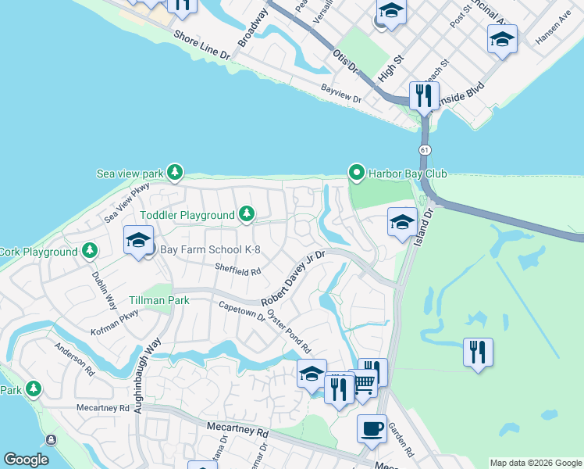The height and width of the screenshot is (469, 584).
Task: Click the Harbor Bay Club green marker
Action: tap(357, 173)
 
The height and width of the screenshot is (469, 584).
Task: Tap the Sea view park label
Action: tap(129, 173)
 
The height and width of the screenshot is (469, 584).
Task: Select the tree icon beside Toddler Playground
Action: tap(247, 214)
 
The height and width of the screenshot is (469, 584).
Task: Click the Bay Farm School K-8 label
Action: tap(210, 250)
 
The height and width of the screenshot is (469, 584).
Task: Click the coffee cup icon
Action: tap(372, 428)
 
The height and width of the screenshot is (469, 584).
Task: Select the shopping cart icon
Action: tap(364, 384)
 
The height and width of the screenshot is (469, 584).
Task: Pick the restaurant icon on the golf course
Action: tap(477, 351)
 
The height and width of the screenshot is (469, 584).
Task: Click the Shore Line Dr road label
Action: tap(202, 46)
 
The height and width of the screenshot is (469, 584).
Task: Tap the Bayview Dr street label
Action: tap(341, 98)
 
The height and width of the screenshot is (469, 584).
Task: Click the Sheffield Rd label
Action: tap(237, 270)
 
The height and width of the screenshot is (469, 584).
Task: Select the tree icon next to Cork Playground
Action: tap(91, 251)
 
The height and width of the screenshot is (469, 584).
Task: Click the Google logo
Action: tap(26, 460)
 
